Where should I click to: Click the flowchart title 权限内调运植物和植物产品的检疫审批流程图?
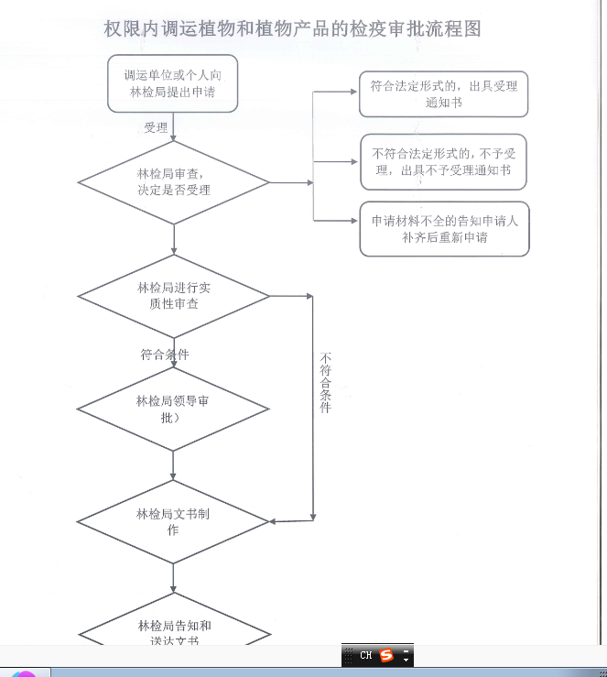[292, 29]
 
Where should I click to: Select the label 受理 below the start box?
[156, 127]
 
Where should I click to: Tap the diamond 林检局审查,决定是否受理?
[173, 181]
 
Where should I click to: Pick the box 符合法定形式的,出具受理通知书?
[443, 94]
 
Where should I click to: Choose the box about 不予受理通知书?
[443, 162]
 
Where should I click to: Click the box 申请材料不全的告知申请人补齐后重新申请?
[444, 229]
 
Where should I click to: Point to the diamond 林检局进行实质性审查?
[173, 295]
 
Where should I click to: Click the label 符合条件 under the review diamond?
[165, 355]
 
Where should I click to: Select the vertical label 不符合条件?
[325, 382]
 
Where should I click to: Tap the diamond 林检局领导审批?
[173, 409]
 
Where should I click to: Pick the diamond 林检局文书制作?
[173, 521]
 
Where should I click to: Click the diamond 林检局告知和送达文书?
[174, 632]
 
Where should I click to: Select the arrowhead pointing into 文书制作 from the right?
[275, 521]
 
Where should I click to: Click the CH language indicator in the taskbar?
[365, 655]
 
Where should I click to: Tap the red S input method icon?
[386, 655]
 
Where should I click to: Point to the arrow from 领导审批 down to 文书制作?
[173, 465]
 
